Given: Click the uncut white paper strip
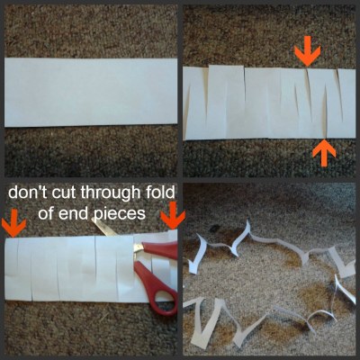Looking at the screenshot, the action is tap(91, 93).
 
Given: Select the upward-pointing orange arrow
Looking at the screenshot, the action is tap(324, 153).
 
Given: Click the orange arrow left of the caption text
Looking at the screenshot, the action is tap(13, 222).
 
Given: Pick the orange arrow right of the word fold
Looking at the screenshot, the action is tap(173, 215).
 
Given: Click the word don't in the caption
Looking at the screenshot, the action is tap(28, 193).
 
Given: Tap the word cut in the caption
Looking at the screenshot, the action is tap(65, 193).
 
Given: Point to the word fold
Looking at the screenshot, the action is tap(159, 193).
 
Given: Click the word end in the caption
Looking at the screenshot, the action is tap(74, 214).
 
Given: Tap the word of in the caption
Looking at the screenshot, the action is tap(47, 213).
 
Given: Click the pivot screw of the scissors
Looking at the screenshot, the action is tap(139, 247).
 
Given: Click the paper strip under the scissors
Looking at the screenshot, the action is tap(90, 267).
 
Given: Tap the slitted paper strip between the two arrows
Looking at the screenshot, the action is tap(269, 103).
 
